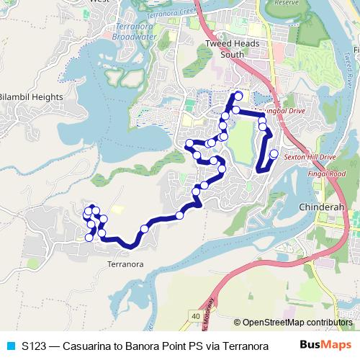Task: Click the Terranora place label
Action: click(125, 264)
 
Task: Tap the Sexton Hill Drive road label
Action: click(311, 156)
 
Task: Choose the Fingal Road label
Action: click(327, 174)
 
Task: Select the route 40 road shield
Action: click(196, 315)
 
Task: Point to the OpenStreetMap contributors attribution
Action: click(297, 323)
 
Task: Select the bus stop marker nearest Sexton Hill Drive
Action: click(274, 153)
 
